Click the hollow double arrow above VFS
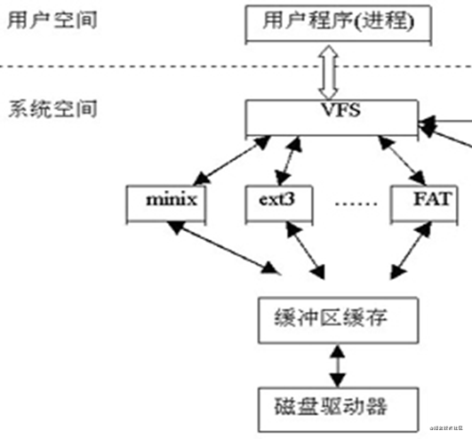point(330,73)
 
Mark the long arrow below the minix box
point(222,246)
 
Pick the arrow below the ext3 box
point(302,249)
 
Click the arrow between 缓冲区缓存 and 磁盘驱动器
point(336,363)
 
